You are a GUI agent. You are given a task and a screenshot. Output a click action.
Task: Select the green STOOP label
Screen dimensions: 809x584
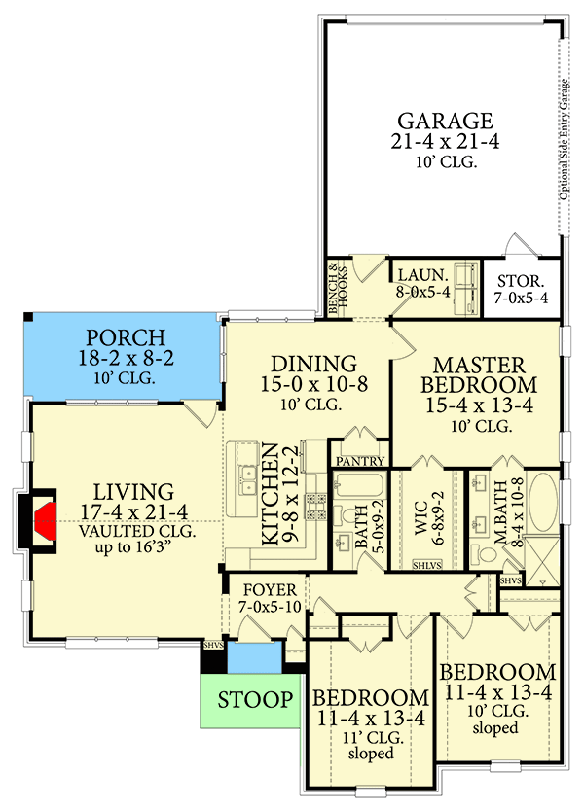click(255, 699)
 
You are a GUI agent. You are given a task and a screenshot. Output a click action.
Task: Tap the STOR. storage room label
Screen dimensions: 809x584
click(521, 281)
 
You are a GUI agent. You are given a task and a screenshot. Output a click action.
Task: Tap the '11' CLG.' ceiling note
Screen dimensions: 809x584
click(370, 737)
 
